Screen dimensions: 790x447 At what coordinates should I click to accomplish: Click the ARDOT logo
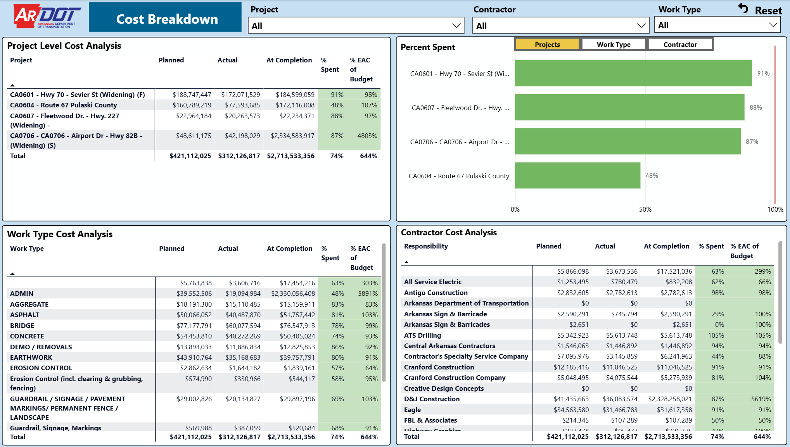click(47, 16)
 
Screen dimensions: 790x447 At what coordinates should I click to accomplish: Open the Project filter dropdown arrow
click(456, 26)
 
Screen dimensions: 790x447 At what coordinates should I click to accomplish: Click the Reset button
click(760, 10)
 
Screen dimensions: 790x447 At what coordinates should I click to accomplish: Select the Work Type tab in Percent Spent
click(614, 45)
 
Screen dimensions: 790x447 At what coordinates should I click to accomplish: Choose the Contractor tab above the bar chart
click(680, 45)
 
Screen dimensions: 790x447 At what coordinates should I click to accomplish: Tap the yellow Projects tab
click(547, 45)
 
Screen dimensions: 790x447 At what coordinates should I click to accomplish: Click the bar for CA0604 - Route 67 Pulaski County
click(577, 176)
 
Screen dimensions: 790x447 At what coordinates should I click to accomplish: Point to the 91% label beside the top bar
click(763, 73)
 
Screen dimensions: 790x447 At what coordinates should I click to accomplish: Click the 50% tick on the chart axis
click(645, 209)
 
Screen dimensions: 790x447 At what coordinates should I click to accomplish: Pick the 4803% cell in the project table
click(367, 136)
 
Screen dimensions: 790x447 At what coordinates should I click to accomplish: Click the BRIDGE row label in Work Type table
click(22, 326)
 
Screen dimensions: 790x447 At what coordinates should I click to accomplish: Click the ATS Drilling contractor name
click(422, 335)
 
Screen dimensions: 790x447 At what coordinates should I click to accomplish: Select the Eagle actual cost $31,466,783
click(620, 410)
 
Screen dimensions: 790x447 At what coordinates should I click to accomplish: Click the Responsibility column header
click(426, 246)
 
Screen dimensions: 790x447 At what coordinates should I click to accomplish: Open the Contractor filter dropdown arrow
click(641, 26)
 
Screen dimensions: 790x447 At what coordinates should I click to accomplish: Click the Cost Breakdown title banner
click(165, 17)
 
